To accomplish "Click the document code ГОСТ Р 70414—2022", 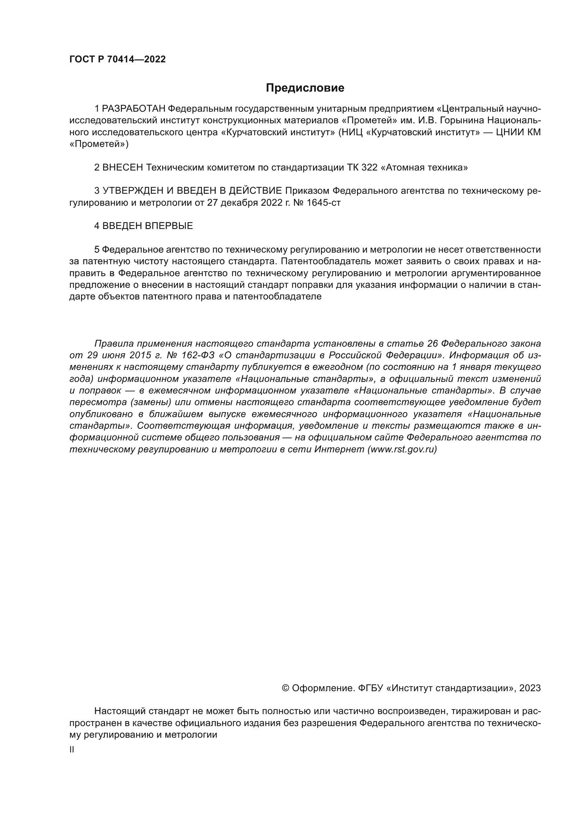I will point(117,60).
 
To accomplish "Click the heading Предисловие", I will point(305,88).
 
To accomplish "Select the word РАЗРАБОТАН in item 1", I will point(134,109).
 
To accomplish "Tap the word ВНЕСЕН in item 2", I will point(123,167).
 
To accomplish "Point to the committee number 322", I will point(369,167).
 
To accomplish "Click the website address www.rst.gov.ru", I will point(402,449).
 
